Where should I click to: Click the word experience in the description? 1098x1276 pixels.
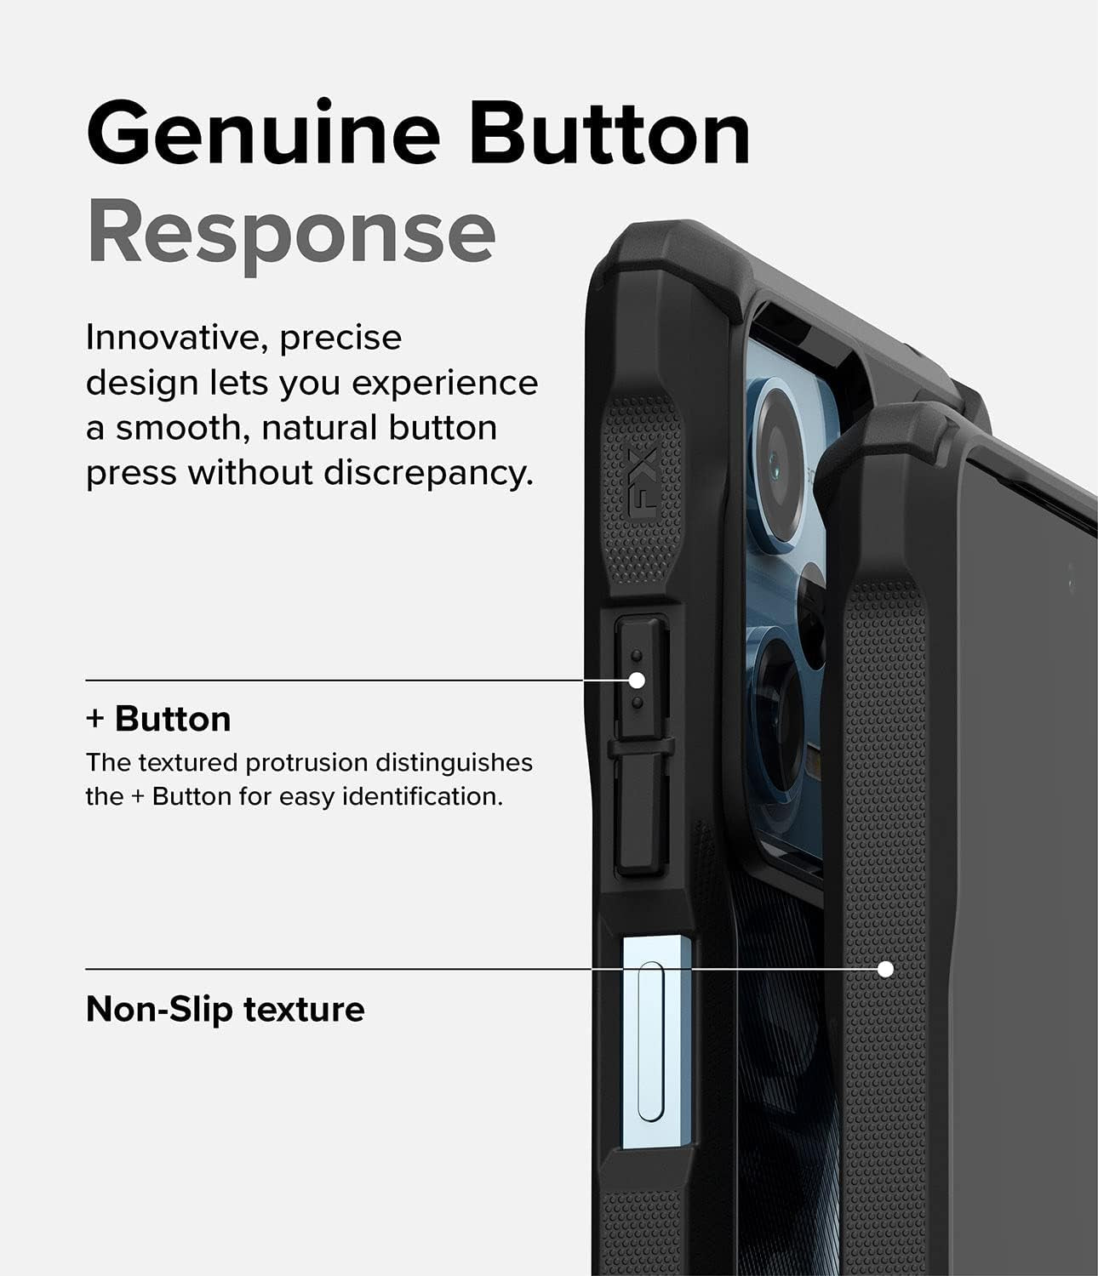tap(444, 384)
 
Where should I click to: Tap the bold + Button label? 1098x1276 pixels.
tap(158, 719)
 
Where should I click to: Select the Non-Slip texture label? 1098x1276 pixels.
tap(225, 1010)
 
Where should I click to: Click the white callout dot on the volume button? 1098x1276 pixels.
tap(636, 681)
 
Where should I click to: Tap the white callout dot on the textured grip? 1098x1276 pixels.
tap(885, 969)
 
